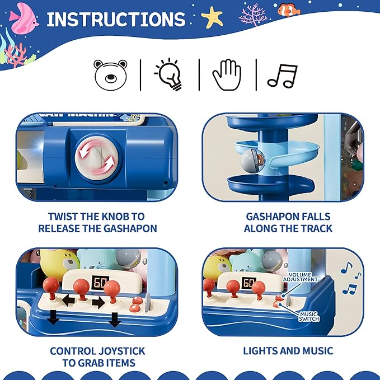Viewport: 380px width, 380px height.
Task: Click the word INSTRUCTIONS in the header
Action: [x=115, y=20]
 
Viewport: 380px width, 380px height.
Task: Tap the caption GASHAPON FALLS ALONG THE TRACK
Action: [x=288, y=222]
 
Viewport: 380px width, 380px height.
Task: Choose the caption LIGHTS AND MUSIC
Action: [x=288, y=351]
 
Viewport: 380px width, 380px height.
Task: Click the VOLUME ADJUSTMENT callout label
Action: [x=303, y=277]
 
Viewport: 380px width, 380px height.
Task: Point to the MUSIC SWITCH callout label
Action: [x=308, y=317]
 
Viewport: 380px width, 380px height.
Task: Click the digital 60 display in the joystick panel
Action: [x=101, y=283]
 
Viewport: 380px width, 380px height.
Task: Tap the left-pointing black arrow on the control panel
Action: [x=68, y=301]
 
